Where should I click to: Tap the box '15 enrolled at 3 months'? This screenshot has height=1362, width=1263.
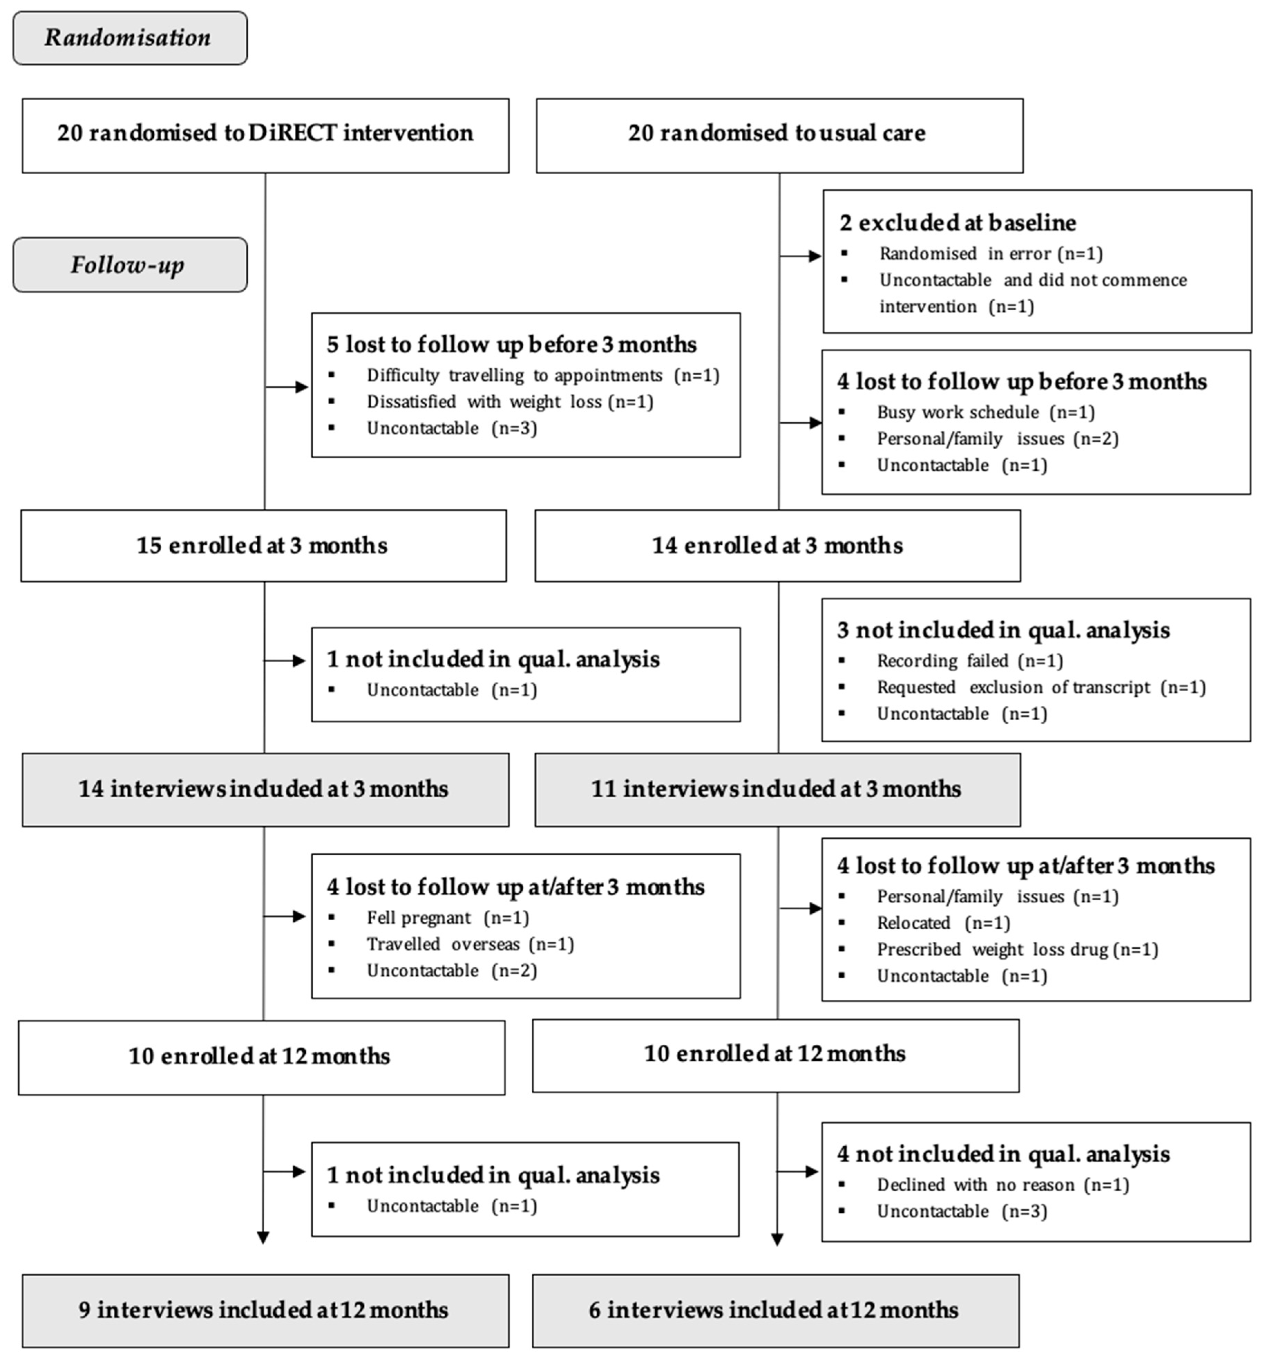[263, 546]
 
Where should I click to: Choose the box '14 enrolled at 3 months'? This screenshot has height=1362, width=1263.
[777, 546]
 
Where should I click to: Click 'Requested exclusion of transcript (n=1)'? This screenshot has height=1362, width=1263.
[1041, 687]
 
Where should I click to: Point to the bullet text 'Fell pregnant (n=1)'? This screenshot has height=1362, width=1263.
[448, 918]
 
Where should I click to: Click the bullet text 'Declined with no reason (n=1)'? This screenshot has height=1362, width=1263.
[1003, 1185]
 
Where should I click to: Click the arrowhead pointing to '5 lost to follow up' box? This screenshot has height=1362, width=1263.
[301, 387]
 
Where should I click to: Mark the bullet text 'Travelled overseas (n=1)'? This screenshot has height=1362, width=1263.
[469, 944]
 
